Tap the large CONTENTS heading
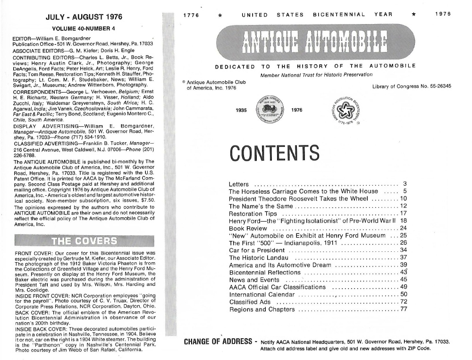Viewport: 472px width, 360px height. tap(274, 153)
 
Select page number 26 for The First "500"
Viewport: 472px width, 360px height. tap(403, 243)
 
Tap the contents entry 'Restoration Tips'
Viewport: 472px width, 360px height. tap(253, 214)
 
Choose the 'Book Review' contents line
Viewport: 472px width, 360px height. tap(248, 228)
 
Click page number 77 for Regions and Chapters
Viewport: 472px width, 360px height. tap(403, 309)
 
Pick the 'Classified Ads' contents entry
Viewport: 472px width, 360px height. tap(250, 302)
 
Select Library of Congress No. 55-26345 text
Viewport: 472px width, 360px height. tap(412, 86)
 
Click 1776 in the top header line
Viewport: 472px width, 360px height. tap(190, 14)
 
